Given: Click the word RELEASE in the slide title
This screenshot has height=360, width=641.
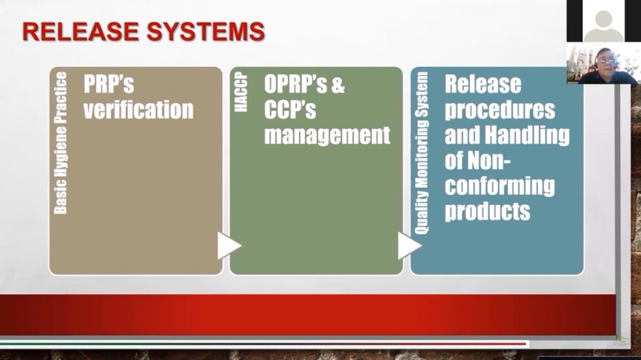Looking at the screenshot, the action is pos(80,31).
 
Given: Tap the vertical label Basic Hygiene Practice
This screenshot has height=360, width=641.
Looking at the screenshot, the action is pos(61,143).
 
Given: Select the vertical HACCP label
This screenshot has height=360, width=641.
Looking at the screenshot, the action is pos(241,92).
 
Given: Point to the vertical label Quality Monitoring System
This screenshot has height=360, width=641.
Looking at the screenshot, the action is pos(421,153).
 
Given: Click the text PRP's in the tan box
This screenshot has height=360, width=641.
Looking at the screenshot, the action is pos(109,84).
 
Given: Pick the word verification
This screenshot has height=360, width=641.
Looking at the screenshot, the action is pos(138,110).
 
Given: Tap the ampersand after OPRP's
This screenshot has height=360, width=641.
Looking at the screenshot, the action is pos(338,85).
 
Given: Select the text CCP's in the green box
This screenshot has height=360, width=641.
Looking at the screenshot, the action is pos(290,110).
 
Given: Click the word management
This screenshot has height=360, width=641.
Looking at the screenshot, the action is pos(327,135).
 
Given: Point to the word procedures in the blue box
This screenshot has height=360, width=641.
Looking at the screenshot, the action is pos(500,110).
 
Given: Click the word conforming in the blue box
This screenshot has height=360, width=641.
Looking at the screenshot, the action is pos(500,187).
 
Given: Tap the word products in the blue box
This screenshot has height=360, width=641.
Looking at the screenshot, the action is pos(487,212).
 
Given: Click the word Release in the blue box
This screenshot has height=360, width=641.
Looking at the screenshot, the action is pos(483,85).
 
